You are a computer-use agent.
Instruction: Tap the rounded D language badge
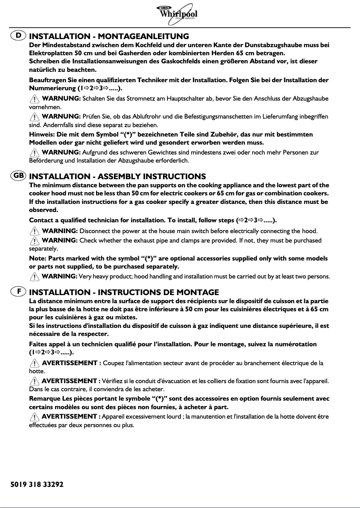[x=18, y=35]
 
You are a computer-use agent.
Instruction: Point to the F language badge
[x=18, y=292]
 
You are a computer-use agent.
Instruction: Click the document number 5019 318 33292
[x=37, y=485]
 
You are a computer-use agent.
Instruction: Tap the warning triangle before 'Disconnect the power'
[x=34, y=231]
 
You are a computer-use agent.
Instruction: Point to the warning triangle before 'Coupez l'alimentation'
[x=34, y=363]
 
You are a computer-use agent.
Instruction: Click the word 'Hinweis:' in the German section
[x=42, y=134]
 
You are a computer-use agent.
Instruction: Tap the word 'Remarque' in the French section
[x=45, y=398]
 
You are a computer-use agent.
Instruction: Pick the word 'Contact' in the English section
[x=42, y=221]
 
